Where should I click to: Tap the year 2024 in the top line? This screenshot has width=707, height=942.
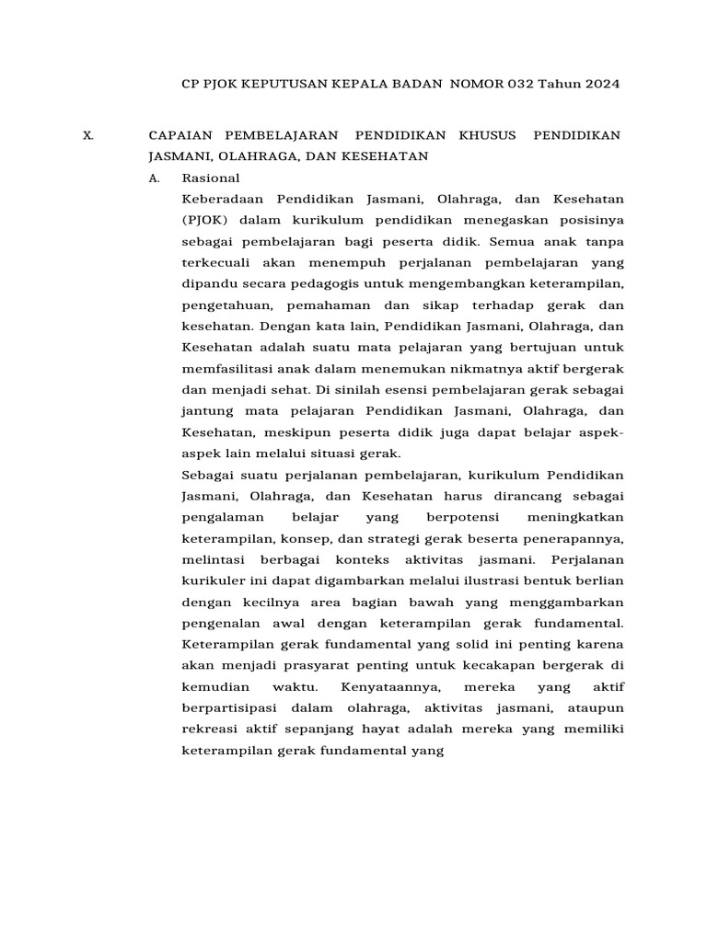(599, 84)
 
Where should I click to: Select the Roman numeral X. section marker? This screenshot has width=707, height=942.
(88, 134)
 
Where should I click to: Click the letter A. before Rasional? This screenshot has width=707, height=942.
(155, 178)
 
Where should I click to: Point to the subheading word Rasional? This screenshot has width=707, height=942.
(211, 178)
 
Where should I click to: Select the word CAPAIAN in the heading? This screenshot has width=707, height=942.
(180, 134)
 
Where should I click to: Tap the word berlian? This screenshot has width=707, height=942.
(599, 580)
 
